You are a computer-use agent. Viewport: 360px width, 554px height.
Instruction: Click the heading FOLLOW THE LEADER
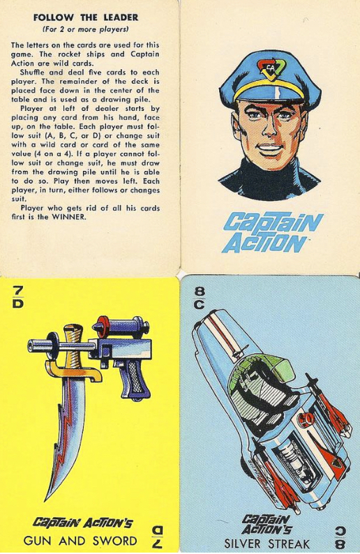86,17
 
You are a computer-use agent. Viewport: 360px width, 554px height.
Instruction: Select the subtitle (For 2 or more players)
85,29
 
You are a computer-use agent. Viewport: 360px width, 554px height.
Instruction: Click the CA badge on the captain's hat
270,68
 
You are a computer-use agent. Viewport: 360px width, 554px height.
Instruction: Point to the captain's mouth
269,147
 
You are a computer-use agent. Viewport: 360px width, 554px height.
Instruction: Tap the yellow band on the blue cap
269,91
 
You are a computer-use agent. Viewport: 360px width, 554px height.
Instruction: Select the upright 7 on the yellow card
18,290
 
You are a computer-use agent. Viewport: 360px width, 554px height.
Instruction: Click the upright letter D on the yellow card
18,304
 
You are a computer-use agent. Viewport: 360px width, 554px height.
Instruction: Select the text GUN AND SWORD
80,541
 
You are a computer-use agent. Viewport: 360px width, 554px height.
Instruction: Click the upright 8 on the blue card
200,292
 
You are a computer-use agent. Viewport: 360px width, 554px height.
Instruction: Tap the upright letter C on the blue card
200,304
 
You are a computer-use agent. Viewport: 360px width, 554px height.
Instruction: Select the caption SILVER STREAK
267,544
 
